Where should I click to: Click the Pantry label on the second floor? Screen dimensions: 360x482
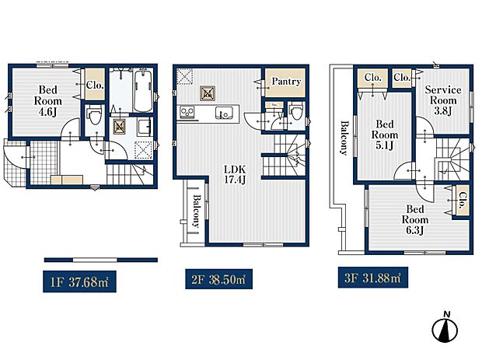[x=285, y=82]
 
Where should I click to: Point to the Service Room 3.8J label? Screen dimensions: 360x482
[x=443, y=100]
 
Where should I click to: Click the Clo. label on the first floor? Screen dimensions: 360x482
[x=95, y=86]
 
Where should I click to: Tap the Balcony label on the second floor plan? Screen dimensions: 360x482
[x=196, y=209]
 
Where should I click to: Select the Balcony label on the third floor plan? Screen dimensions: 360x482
[x=343, y=138]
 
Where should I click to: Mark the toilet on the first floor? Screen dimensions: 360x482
[x=95, y=117]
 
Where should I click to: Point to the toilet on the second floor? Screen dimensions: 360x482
[x=295, y=113]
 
